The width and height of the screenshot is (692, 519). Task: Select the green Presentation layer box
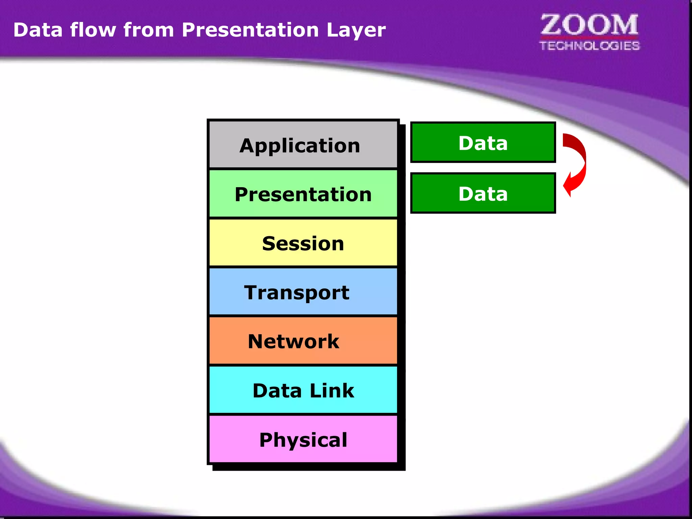(x=303, y=194)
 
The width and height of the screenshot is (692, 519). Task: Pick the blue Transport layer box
(x=303, y=292)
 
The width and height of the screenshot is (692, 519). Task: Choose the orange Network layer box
(x=303, y=341)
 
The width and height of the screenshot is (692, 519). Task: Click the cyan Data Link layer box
(x=303, y=390)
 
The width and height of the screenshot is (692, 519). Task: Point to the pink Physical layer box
(x=303, y=439)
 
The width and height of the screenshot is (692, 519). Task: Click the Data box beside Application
(x=483, y=143)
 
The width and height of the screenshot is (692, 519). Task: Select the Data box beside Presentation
(x=483, y=193)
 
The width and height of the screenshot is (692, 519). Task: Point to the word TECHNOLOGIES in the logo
(x=589, y=46)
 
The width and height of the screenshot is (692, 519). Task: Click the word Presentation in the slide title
(x=250, y=30)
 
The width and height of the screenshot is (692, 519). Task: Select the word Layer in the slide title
(x=356, y=31)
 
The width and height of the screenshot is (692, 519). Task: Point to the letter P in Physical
(x=266, y=439)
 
